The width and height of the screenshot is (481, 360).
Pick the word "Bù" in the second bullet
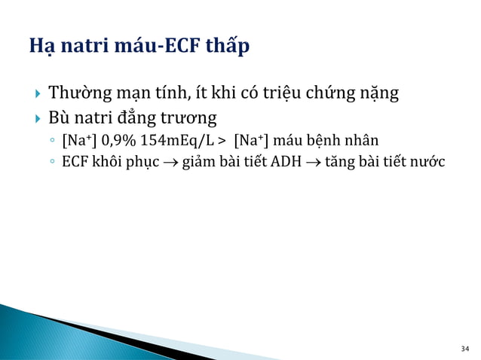[59, 118]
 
